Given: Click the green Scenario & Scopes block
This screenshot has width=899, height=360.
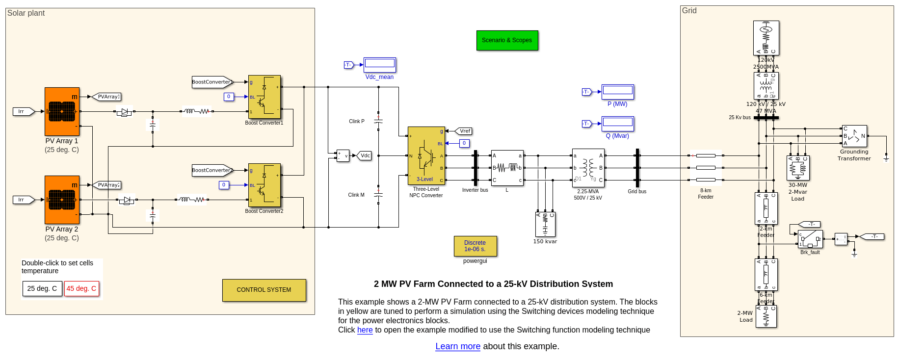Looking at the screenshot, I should [x=507, y=40].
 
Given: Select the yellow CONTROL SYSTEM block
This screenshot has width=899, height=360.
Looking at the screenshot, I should [x=264, y=290].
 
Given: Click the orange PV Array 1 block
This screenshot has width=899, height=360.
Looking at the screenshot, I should [x=62, y=111].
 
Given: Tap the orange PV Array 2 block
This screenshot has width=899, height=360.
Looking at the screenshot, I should [x=62, y=200].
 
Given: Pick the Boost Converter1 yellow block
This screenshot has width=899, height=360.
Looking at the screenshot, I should [x=264, y=97].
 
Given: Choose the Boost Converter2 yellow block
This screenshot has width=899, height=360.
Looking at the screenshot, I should [x=264, y=185].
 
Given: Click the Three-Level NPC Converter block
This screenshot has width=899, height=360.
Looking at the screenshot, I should [x=426, y=155].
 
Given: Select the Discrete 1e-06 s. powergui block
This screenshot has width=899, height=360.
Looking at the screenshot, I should [x=475, y=246].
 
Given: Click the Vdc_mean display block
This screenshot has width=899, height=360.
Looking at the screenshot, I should [x=380, y=65].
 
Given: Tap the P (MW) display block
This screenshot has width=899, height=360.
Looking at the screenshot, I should [x=618, y=92].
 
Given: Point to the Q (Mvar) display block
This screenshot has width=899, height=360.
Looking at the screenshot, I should [x=618, y=124].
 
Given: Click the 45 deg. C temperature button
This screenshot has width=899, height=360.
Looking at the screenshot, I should [x=81, y=288].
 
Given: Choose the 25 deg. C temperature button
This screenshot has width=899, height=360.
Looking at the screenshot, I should [x=42, y=288].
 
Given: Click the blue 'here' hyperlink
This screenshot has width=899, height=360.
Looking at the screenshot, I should [x=365, y=330].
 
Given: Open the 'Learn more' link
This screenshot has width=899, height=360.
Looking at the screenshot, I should [x=457, y=346].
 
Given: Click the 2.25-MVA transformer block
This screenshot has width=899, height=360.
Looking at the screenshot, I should [x=588, y=168].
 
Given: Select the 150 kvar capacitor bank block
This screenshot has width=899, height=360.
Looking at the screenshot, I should [x=545, y=224].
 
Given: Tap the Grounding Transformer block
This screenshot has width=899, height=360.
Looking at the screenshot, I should [x=854, y=136].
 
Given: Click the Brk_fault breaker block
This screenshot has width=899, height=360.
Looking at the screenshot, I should [x=810, y=239].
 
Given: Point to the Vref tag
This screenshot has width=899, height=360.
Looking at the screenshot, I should [x=464, y=131].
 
